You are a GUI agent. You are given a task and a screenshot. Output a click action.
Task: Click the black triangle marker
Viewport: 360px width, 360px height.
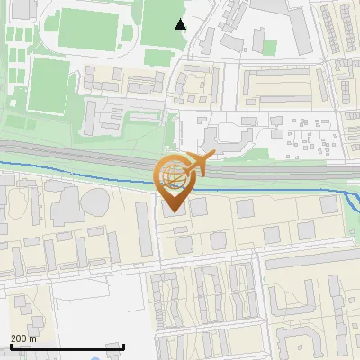point(181,24)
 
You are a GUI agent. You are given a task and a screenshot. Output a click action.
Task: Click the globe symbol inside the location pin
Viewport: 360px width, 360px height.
point(170,174)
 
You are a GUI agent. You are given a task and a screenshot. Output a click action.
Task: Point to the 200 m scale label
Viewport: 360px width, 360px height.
point(23,338)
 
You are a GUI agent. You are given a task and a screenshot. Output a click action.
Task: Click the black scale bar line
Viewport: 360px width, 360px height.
point(67,346)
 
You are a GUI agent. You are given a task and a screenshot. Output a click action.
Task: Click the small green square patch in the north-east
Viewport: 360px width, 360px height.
point(269,46)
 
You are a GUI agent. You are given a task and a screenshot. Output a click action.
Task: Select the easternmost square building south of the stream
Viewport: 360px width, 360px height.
point(307,208)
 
